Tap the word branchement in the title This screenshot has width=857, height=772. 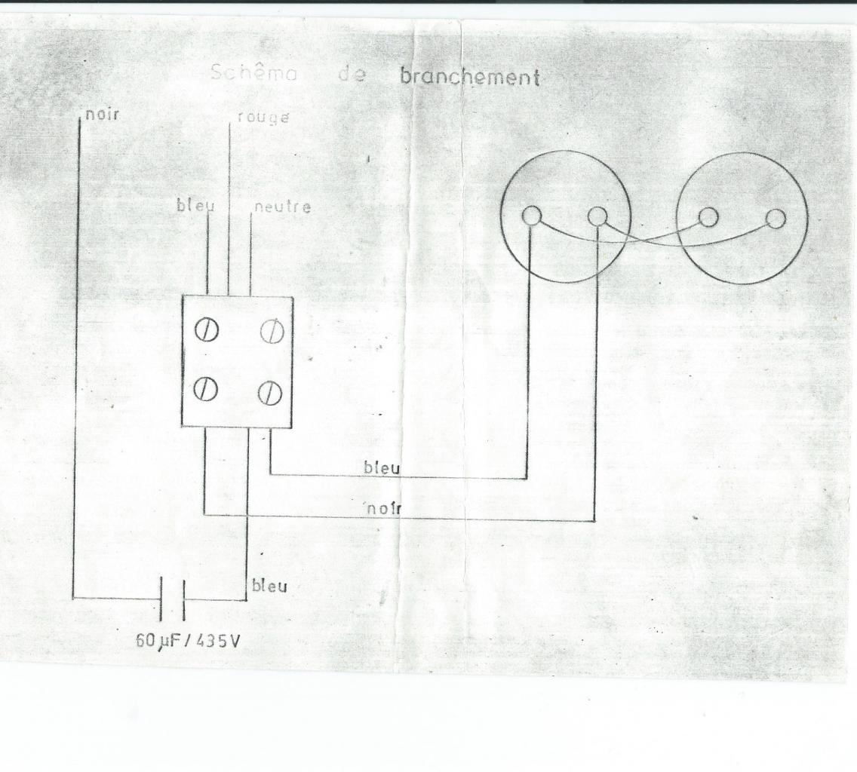coord(470,77)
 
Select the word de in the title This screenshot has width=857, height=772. coord(352,75)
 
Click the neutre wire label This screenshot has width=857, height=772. coord(282,207)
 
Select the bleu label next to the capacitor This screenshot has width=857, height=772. coord(269,586)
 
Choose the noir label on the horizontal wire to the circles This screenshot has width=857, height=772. coord(385,509)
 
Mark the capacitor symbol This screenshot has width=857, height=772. coord(173,599)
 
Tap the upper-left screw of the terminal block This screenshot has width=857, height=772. coord(206,331)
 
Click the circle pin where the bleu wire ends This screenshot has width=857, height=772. coord(530,216)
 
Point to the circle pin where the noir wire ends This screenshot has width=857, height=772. coord(597,217)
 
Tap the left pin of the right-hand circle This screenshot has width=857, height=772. coord(707,217)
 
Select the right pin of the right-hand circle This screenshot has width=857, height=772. coord(775,219)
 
